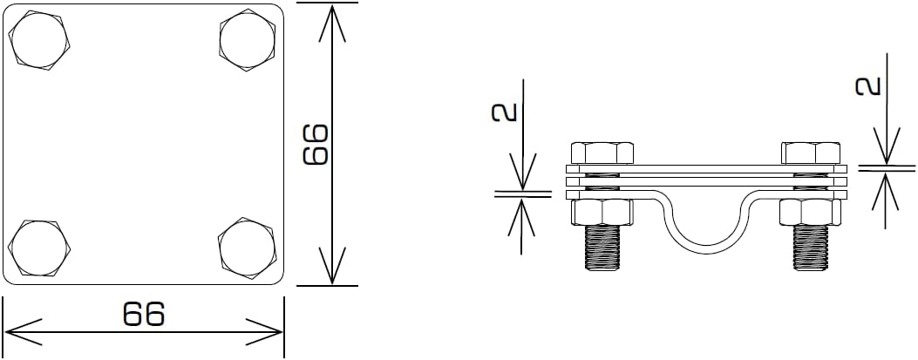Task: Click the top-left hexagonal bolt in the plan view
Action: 40,40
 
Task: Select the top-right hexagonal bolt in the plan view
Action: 249,40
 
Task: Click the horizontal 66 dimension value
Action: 144,314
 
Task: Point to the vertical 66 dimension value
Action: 315,144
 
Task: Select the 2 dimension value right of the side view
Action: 867,85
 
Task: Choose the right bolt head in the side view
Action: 810,153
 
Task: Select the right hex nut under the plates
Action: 810,212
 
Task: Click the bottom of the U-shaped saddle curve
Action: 709,252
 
